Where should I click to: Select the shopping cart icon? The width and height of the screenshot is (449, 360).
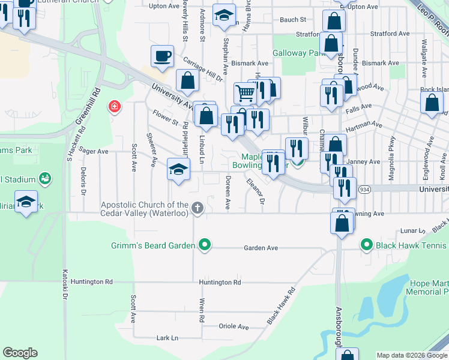245,94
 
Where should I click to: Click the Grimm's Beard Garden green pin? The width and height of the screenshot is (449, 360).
205,245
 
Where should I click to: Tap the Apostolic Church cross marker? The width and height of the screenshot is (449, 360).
197,208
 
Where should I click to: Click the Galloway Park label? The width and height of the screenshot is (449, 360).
299,53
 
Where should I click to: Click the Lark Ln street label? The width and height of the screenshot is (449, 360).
167,338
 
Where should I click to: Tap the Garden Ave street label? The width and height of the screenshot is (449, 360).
261,248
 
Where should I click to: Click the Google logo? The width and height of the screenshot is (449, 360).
20,353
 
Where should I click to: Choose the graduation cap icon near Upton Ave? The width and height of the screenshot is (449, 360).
224,17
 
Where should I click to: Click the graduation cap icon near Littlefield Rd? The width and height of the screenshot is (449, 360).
178,170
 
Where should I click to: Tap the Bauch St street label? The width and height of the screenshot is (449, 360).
293,20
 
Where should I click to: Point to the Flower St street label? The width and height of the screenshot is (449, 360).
166,117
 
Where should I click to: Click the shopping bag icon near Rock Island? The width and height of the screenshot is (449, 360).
432,103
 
